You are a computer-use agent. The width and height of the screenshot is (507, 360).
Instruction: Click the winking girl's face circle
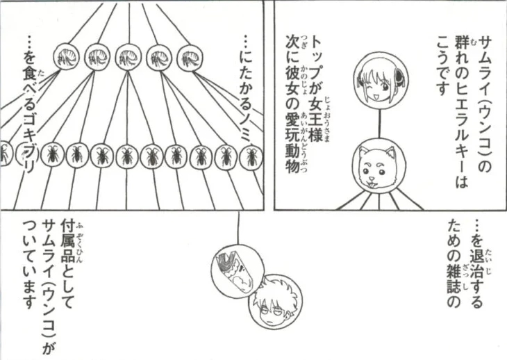pyautogui.click(x=381, y=79)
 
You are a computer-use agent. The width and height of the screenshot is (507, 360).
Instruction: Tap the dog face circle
pyautogui.click(x=379, y=165)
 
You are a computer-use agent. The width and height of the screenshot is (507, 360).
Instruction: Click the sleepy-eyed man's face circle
pyautogui.click(x=275, y=302)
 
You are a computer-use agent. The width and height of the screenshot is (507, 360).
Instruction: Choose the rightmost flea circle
pyautogui.click(x=190, y=57)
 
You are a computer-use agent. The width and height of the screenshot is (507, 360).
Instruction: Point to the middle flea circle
pyautogui.click(x=128, y=57)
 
